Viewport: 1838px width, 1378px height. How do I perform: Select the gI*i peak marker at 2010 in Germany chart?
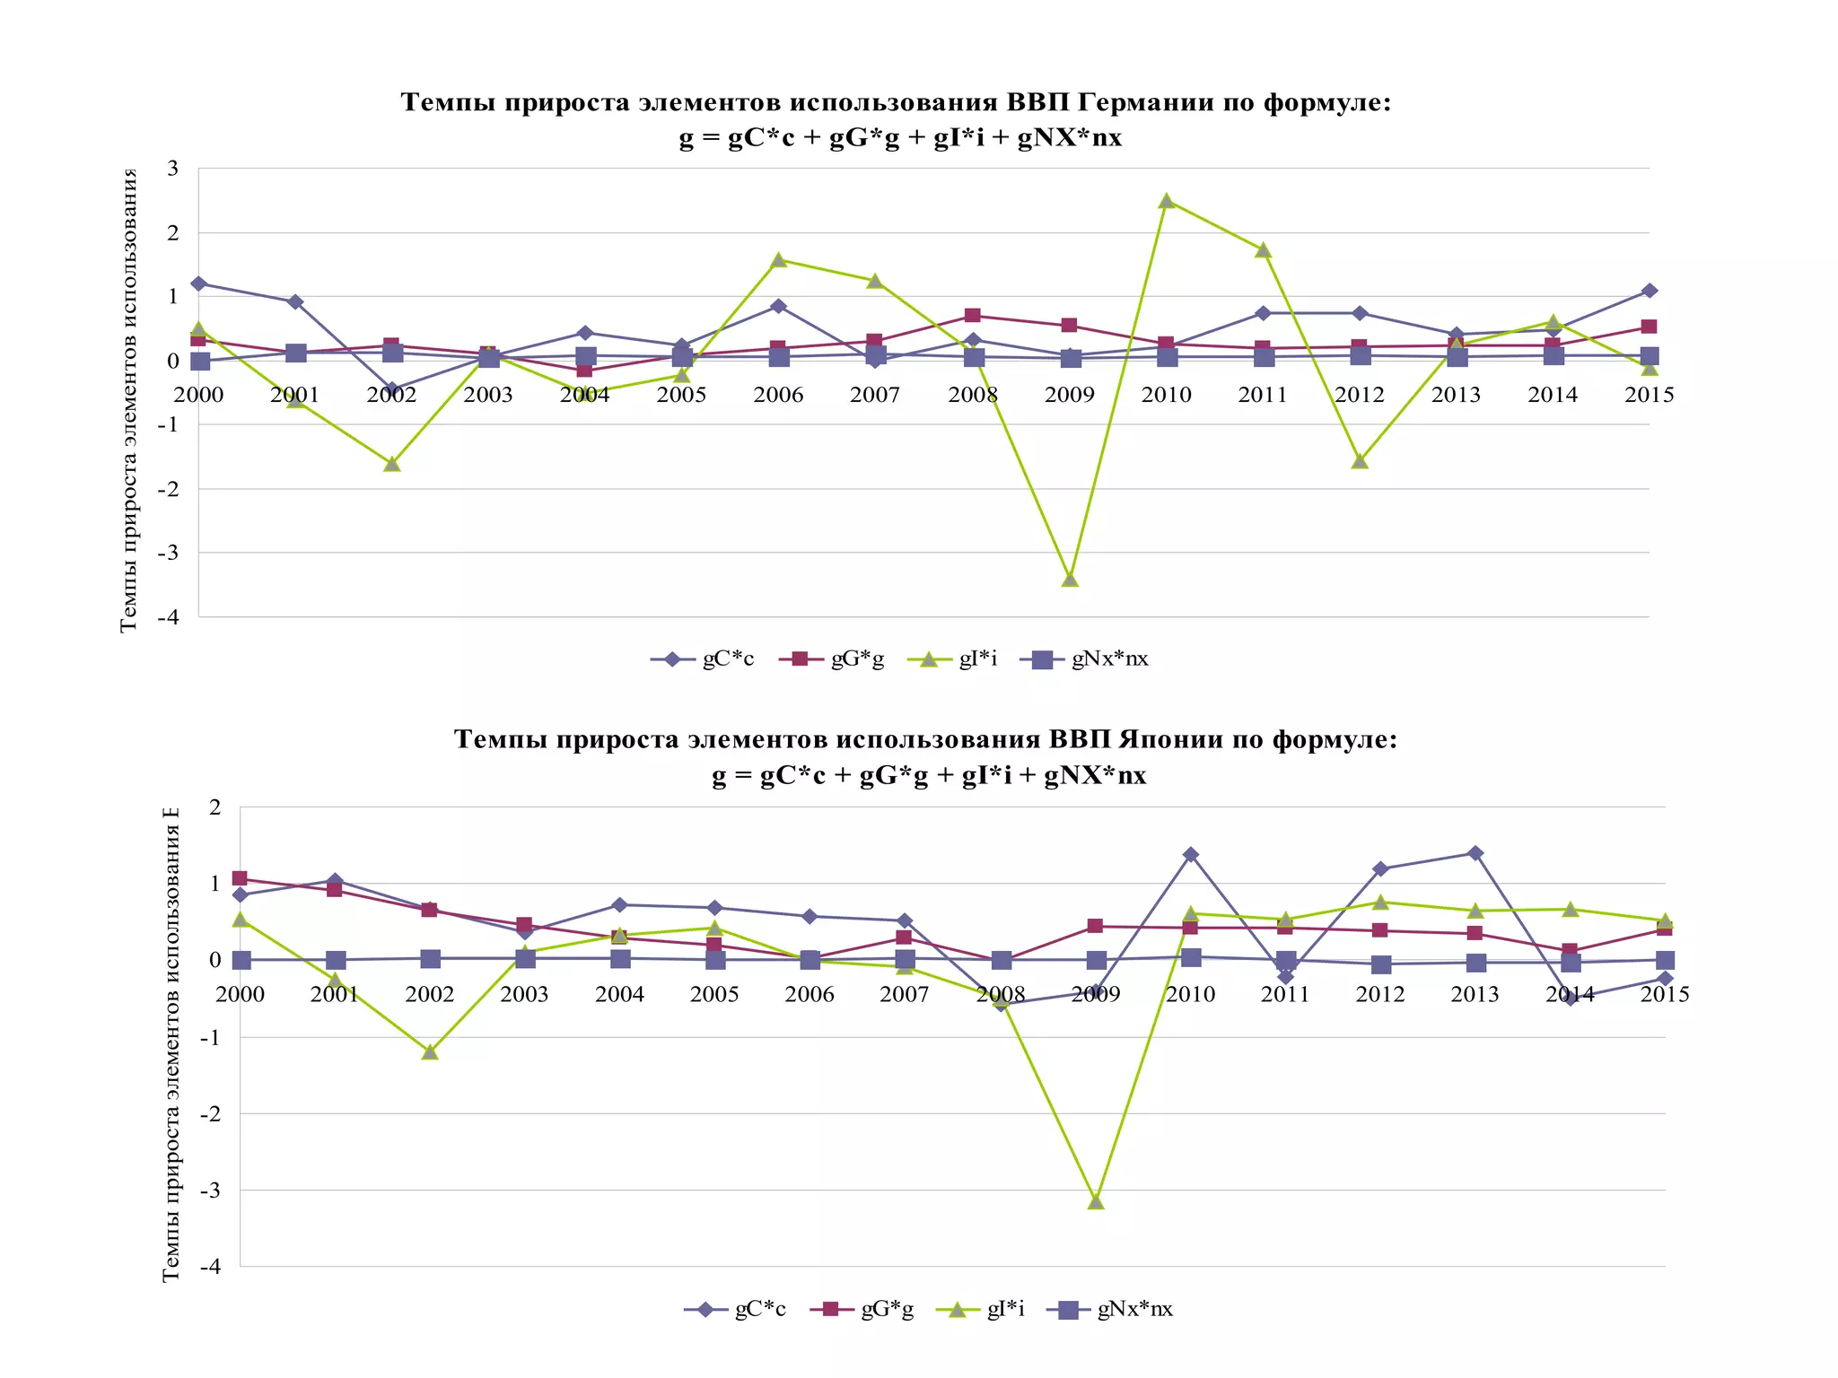(x=1166, y=201)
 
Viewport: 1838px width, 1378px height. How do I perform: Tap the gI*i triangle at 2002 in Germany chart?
(x=391, y=464)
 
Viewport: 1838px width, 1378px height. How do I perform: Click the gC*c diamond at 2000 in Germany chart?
(x=198, y=283)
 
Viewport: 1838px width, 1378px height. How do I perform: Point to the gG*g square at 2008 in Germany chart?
(x=973, y=315)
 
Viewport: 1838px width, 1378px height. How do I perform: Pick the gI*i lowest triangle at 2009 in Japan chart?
(x=1096, y=1201)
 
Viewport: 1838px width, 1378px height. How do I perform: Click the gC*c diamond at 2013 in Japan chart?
(x=1475, y=853)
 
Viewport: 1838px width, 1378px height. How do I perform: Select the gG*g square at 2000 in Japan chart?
(x=240, y=878)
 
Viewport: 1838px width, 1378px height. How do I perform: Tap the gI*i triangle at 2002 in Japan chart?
(x=430, y=1051)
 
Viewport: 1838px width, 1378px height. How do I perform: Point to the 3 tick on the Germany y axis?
(x=173, y=169)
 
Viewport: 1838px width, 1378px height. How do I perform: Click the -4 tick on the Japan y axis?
(x=210, y=1267)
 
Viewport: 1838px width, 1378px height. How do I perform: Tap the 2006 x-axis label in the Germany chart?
(x=778, y=395)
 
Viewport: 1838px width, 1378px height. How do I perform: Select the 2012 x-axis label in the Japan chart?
(x=1379, y=994)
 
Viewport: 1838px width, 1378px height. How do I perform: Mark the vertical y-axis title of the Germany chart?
(x=129, y=399)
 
